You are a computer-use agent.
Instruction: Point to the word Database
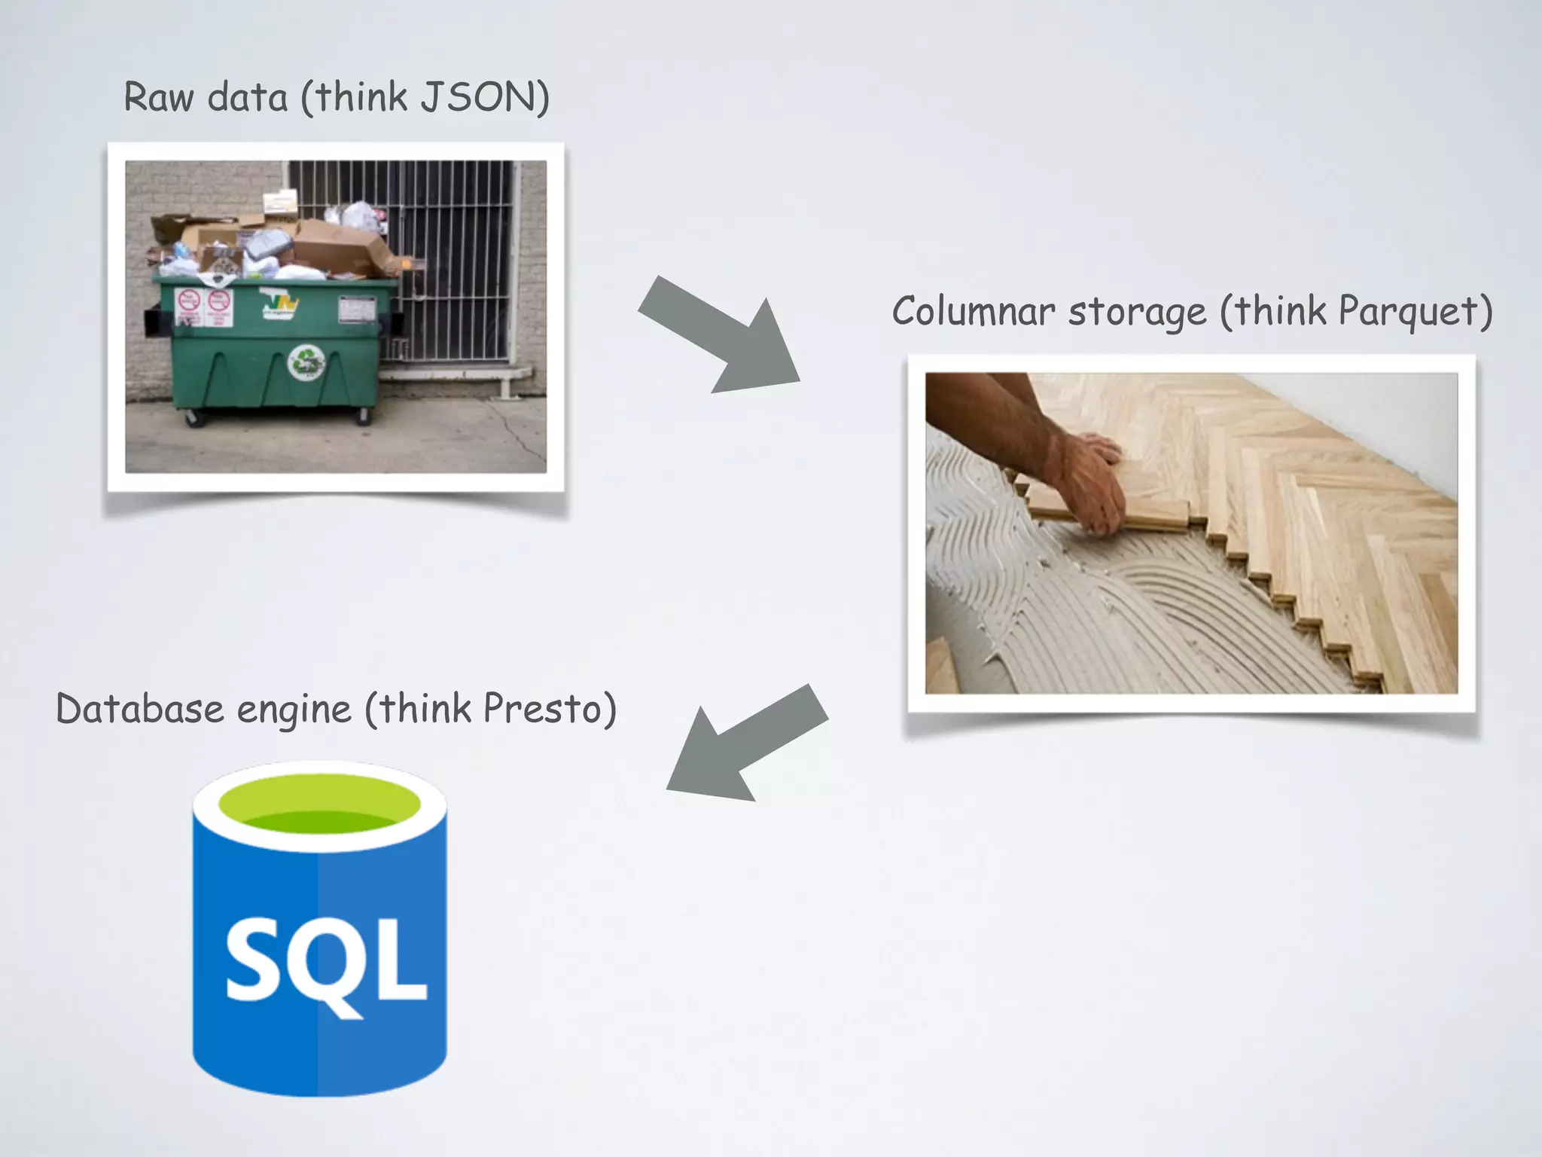click(140, 709)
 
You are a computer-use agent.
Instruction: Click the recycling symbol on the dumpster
click(306, 362)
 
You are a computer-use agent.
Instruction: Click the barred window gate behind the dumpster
click(452, 249)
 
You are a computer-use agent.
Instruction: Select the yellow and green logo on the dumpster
click(280, 305)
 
